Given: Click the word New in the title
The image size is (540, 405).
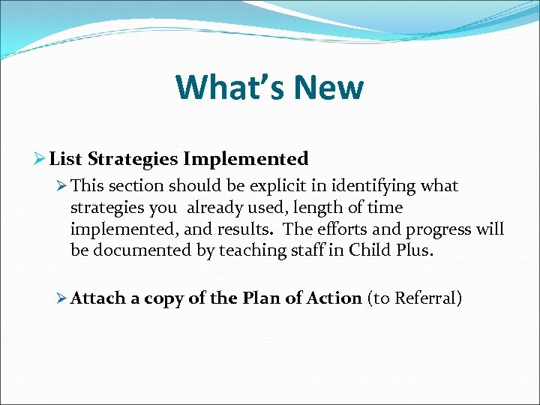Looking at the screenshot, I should [328, 87].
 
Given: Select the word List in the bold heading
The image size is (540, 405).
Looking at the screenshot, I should [66, 159].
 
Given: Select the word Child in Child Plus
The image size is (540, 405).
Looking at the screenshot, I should [367, 249].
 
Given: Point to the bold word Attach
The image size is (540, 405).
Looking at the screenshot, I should [98, 298].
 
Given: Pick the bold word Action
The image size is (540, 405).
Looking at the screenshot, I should [334, 298].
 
